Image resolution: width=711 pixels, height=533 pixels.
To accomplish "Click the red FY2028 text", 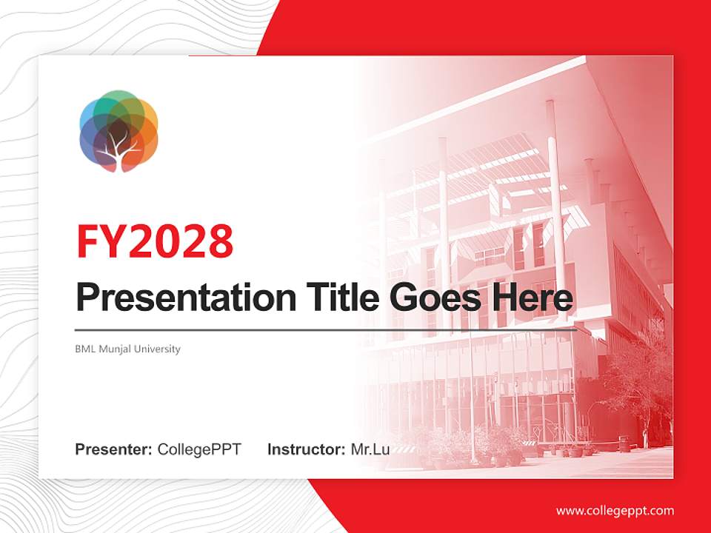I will (155, 241).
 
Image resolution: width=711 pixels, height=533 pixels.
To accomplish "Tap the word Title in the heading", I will (331, 298).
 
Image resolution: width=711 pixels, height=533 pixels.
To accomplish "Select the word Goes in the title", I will (433, 298).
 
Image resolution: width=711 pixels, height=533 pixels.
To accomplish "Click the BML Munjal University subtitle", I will (127, 349).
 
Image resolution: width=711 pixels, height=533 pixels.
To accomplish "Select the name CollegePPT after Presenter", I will (199, 449).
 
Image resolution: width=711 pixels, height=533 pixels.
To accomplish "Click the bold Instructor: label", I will (306, 449).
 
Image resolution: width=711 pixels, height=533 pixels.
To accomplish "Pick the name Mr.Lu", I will (370, 449).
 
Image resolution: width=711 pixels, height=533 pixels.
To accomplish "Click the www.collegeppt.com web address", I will (615, 511).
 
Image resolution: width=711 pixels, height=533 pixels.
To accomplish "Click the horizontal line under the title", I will (326, 329).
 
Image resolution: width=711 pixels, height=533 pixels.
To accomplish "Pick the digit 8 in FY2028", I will (219, 241).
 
